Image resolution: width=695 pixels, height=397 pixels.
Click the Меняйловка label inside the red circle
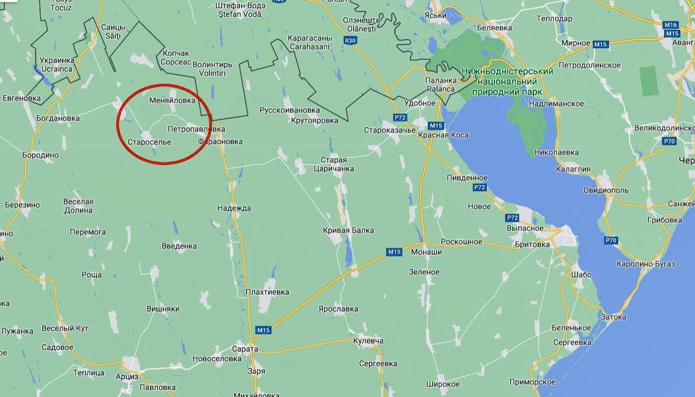(x=172, y=100)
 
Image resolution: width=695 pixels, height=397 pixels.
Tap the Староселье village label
(x=149, y=142)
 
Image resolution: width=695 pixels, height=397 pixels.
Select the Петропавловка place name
(x=196, y=129)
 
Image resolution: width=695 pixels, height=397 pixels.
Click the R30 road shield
(x=351, y=40)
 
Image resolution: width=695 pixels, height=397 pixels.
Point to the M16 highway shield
(x=671, y=25)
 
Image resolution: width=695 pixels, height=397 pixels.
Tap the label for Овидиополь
(x=606, y=190)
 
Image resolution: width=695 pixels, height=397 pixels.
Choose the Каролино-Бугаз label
(x=646, y=264)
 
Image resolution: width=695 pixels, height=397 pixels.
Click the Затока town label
(x=613, y=316)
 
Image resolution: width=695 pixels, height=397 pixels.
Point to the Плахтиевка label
(x=267, y=292)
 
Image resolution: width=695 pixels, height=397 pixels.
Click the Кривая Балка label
(x=348, y=230)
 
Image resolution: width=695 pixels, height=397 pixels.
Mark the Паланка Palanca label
(x=440, y=84)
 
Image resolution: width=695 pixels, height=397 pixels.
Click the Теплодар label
(x=554, y=18)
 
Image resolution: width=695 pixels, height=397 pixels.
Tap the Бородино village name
(x=40, y=155)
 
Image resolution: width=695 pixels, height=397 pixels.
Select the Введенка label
(x=179, y=246)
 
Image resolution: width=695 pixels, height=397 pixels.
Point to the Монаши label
(x=426, y=252)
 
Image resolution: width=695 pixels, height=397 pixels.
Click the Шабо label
(x=581, y=275)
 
